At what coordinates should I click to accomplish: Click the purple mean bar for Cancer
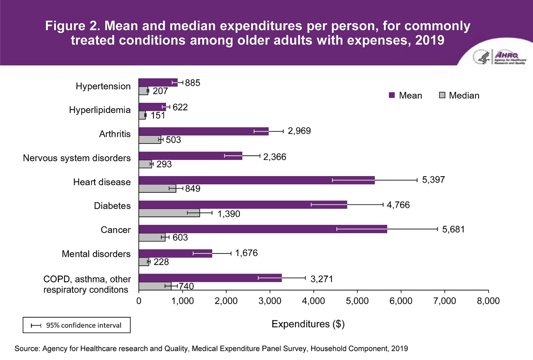point(263,229)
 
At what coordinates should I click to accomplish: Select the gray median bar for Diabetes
point(169,213)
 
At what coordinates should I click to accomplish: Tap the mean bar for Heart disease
point(256,180)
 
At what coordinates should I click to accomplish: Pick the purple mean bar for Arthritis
point(204,131)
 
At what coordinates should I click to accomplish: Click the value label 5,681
point(453,229)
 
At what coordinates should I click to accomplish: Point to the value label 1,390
point(229,214)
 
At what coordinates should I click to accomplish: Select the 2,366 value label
point(275,157)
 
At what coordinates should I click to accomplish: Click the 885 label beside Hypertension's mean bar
point(193,83)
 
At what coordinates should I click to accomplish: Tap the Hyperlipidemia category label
point(100,110)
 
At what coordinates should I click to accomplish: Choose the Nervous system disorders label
point(77,158)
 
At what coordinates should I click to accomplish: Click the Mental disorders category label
point(96,254)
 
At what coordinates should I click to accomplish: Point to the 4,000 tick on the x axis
point(313,301)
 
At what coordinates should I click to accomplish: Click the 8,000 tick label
point(488,301)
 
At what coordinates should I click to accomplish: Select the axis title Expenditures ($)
point(308,324)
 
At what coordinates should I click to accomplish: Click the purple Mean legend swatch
point(392,95)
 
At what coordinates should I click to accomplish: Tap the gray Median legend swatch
point(442,95)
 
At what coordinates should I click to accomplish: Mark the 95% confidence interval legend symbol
point(36,325)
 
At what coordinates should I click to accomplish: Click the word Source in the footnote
point(27,349)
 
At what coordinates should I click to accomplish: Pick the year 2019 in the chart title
point(430,40)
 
